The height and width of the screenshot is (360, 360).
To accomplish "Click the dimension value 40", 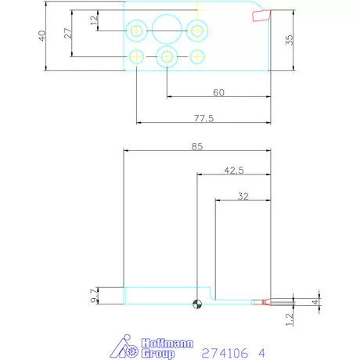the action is (x=41, y=36).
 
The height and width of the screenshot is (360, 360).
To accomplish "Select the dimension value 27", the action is (x=68, y=33).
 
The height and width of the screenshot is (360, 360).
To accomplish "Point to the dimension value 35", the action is (x=290, y=40).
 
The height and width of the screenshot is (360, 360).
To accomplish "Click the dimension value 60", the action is (x=218, y=92).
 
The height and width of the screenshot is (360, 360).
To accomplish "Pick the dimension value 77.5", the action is (x=203, y=118).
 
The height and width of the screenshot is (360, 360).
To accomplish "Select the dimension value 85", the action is (x=197, y=146).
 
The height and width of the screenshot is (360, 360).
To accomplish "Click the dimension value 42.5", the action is (x=234, y=171).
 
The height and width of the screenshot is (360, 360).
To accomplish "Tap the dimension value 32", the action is (x=243, y=196).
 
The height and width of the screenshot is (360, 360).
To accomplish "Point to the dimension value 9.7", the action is (x=94, y=296).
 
